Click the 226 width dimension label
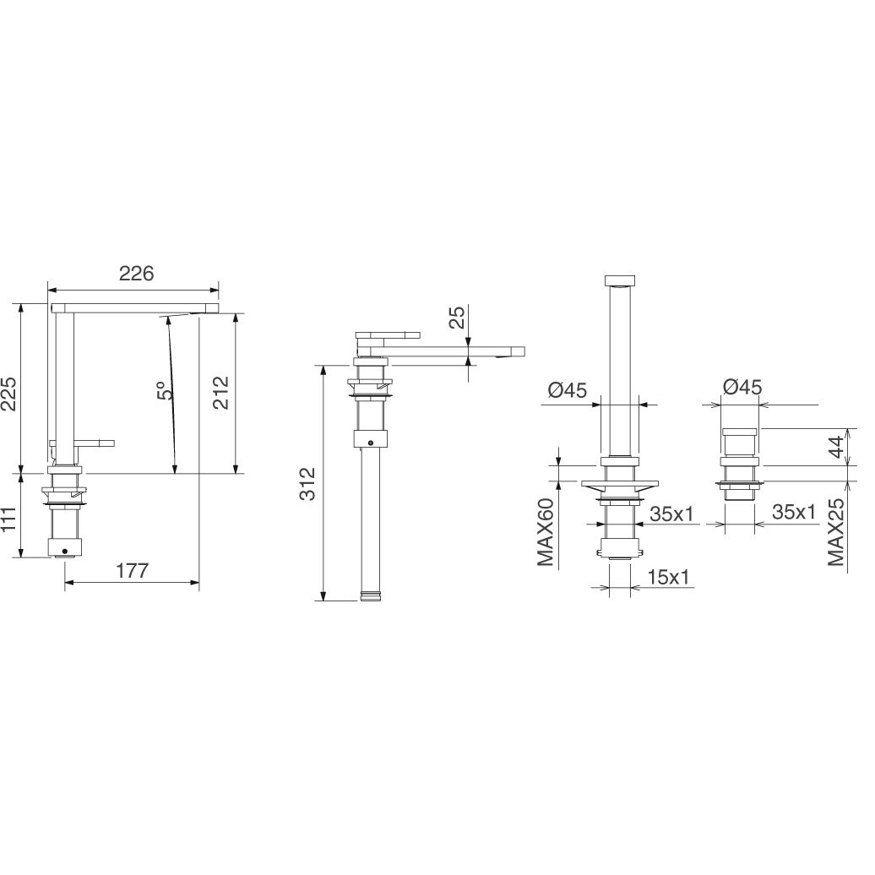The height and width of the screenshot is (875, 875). (x=136, y=274)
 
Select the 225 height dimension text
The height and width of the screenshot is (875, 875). (x=9, y=394)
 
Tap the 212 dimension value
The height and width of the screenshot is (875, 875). (x=221, y=392)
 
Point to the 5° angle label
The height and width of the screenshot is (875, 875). (x=163, y=390)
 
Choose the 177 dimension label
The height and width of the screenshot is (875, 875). (x=133, y=571)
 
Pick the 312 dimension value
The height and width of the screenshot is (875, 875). (x=307, y=483)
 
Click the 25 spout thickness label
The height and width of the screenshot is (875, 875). (x=456, y=318)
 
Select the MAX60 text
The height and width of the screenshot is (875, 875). (x=546, y=532)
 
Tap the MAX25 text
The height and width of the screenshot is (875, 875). (x=836, y=532)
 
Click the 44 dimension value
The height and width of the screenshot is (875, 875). (x=836, y=447)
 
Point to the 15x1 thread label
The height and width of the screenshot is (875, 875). (x=669, y=577)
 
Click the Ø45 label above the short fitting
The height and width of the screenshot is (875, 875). (x=742, y=386)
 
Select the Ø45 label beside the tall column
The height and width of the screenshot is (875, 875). (x=568, y=390)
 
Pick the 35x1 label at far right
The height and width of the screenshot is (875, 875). (x=794, y=511)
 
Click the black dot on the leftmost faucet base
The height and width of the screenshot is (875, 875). (x=65, y=552)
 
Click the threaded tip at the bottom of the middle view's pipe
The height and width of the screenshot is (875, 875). (x=372, y=595)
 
